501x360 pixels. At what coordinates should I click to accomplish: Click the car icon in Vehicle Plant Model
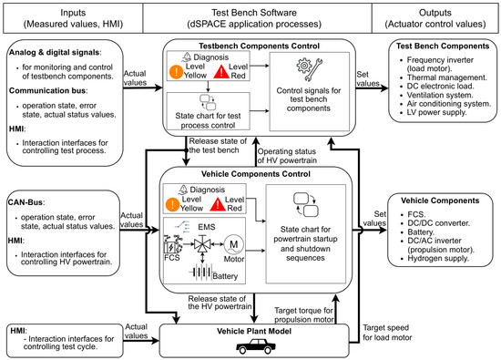click(255, 346)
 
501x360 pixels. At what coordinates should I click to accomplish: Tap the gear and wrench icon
click(309, 69)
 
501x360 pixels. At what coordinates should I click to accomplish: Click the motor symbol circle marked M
click(233, 245)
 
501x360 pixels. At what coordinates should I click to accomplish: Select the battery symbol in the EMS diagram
click(200, 273)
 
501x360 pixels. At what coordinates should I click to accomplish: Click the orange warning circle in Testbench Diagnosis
click(176, 72)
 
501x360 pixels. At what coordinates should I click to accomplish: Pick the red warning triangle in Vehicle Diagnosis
click(218, 204)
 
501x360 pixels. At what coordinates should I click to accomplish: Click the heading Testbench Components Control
click(259, 46)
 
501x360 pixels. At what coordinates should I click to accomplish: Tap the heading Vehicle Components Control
click(256, 174)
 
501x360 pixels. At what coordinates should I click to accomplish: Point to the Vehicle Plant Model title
click(254, 331)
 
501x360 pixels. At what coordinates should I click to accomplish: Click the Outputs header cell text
click(435, 18)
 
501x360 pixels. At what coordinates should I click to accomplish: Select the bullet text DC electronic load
click(440, 86)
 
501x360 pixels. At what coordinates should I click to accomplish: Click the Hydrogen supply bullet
click(438, 258)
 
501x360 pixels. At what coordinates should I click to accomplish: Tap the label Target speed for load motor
click(387, 333)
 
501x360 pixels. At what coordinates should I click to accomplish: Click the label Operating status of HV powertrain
click(287, 156)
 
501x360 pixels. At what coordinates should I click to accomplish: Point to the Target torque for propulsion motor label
click(304, 315)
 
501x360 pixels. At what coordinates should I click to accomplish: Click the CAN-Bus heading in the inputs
click(26, 202)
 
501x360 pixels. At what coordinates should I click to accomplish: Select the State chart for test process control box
click(208, 111)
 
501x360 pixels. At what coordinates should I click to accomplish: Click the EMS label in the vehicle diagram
click(207, 227)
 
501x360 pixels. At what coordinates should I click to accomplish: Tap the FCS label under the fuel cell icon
click(172, 257)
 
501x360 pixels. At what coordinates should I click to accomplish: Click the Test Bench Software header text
click(254, 18)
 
